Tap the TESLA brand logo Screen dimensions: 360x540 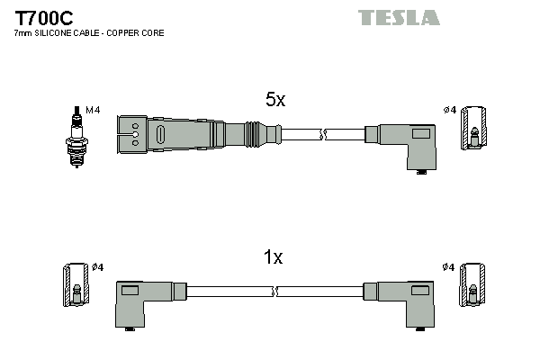click(x=399, y=17)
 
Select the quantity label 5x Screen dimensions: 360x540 click(x=275, y=101)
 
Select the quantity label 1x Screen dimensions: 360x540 click(x=273, y=257)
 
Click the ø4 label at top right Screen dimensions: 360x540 click(x=450, y=110)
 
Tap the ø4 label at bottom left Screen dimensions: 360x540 click(x=97, y=267)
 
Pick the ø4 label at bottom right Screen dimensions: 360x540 click(x=449, y=267)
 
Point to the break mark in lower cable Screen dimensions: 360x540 click(x=274, y=292)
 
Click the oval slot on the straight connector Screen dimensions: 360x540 click(x=160, y=136)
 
